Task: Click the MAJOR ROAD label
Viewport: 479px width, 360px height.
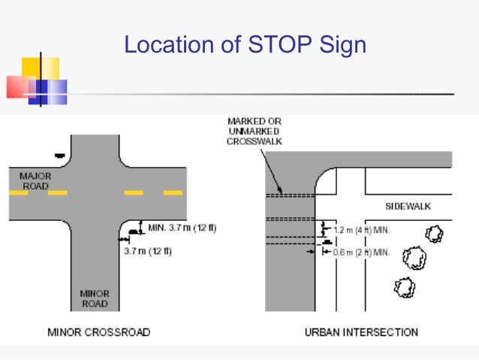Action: [x=35, y=180]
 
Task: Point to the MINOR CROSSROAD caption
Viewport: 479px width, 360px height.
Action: [x=98, y=332]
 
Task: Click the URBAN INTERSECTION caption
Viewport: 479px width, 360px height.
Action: [x=361, y=332]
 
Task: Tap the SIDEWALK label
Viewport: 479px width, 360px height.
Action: [x=408, y=206]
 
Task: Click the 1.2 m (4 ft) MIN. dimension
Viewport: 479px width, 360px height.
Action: [x=360, y=228]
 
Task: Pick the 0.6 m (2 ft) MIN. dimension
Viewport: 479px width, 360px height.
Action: [x=360, y=253]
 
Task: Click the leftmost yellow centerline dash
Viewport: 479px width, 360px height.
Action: [x=18, y=193]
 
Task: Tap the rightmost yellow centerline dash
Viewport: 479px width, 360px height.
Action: [x=173, y=193]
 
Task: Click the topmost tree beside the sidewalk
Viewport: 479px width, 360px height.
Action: [x=434, y=234]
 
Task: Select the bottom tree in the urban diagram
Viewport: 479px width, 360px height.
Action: [x=405, y=287]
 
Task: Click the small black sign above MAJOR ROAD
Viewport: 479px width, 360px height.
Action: [x=59, y=155]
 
